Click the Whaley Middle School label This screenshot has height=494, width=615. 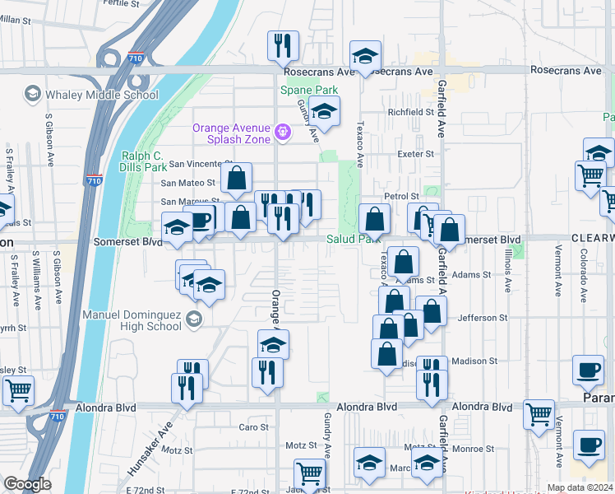pos(101,95)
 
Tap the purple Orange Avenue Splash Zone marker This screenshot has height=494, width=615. pos(282,130)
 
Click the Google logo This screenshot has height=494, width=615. pos(27,484)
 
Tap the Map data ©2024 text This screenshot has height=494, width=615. pos(579,487)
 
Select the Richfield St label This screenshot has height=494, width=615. pos(410,111)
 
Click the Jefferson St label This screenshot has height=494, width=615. pos(477,318)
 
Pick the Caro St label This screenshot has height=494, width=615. pos(253,427)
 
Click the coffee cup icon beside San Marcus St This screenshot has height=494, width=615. pos(201,218)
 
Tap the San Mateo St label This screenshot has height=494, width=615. pos(187,183)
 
